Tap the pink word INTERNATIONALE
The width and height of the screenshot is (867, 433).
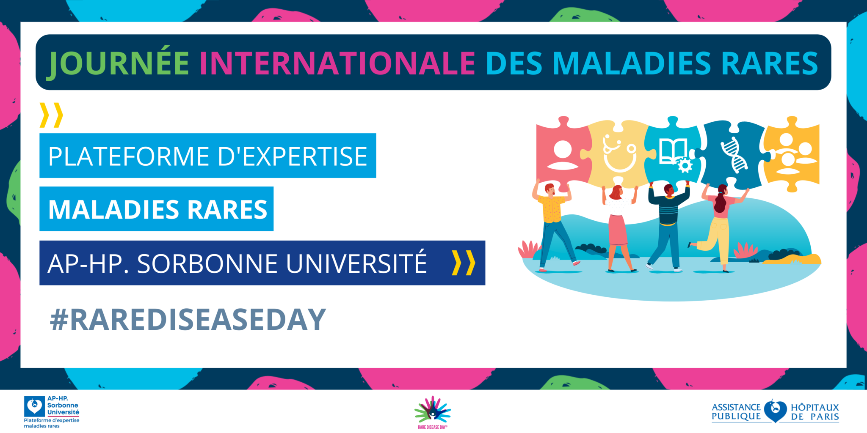point(337,63)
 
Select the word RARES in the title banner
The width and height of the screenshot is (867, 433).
point(770,63)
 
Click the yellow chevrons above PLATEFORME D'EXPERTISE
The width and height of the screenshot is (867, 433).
point(51,115)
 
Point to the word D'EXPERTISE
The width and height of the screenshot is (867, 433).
point(292,156)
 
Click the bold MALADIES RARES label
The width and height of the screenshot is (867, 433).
point(157,209)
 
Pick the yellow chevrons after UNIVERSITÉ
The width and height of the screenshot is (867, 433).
point(464,263)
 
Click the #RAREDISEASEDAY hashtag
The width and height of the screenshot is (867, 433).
point(188,320)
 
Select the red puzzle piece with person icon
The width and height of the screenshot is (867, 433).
point(563,152)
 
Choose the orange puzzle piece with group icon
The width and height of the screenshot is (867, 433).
point(791,154)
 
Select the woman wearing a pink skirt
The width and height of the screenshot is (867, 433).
point(619,228)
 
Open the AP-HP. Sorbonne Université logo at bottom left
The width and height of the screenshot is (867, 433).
point(52,412)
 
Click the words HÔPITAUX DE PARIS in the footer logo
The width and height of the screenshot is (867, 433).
point(815,412)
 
